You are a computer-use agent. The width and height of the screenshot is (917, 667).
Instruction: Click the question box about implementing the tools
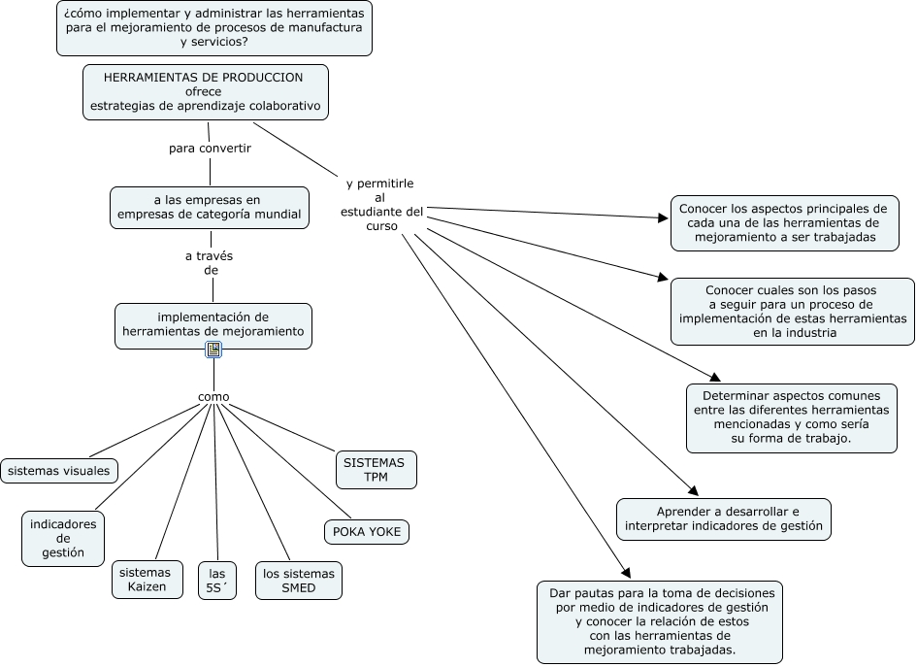pyautogui.click(x=214, y=28)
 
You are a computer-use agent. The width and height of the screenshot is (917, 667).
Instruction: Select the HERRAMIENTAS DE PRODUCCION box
pyautogui.click(x=205, y=91)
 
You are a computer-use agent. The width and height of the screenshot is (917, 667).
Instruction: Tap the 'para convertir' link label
pyautogui.click(x=210, y=149)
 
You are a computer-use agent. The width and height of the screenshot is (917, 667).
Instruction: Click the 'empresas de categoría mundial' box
pyautogui.click(x=209, y=207)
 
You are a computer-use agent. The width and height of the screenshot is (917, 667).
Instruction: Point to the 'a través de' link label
pyautogui.click(x=210, y=263)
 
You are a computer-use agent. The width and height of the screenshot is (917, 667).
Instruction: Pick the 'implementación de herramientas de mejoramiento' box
pyautogui.click(x=213, y=324)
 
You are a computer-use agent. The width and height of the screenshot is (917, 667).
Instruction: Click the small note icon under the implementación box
pyautogui.click(x=213, y=350)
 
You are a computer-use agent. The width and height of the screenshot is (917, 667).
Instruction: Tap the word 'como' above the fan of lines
pyautogui.click(x=213, y=396)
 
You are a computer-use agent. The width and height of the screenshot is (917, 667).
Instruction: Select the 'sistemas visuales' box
pyautogui.click(x=59, y=471)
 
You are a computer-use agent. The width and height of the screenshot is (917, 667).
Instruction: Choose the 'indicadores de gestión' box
pyautogui.click(x=63, y=539)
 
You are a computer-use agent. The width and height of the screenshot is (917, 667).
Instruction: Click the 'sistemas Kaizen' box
pyautogui.click(x=147, y=580)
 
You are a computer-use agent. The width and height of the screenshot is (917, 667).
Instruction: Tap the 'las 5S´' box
pyautogui.click(x=216, y=581)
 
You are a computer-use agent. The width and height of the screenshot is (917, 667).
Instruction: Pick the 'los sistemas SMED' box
pyautogui.click(x=299, y=581)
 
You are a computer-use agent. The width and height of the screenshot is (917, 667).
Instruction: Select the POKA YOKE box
pyautogui.click(x=366, y=532)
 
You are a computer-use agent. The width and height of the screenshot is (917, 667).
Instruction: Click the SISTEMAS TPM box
pyautogui.click(x=376, y=470)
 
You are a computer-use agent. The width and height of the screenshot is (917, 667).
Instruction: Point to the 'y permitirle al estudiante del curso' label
pyautogui.click(x=381, y=204)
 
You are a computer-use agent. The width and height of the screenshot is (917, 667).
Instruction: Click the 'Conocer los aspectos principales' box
pyautogui.click(x=784, y=222)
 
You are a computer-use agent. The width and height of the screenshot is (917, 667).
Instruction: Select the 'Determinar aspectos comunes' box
pyautogui.click(x=792, y=417)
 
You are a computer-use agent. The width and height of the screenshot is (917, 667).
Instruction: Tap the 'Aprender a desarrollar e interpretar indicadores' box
pyautogui.click(x=724, y=518)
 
